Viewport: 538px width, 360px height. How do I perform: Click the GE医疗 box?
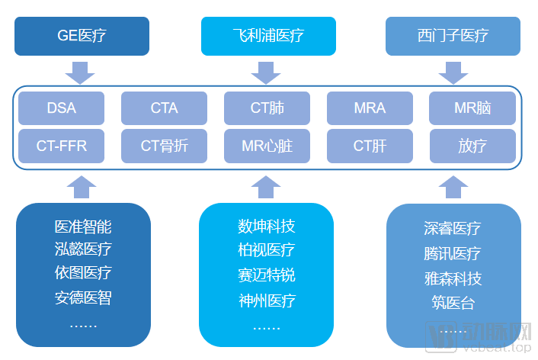pos(82,36)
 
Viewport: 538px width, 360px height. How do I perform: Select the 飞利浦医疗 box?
pos(267,36)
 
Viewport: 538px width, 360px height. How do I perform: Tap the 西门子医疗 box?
pos(453,36)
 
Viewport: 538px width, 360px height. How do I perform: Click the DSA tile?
pos(61,108)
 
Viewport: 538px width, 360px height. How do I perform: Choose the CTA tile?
pos(164,108)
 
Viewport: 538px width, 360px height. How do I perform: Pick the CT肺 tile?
pos(267,108)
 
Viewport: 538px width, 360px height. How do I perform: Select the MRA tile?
pos(370,108)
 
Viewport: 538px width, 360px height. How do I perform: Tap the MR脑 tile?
pos(472,108)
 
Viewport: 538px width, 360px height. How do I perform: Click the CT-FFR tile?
pos(61,146)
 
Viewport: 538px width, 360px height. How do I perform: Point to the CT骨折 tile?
pos(164,146)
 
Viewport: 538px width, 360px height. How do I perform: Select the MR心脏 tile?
pos(267,146)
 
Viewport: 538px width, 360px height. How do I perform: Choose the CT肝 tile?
pos(370,146)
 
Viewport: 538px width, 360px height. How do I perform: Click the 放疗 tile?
pos(472,146)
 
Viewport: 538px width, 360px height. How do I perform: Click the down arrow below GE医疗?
pos(80,72)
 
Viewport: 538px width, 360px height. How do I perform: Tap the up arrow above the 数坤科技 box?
pos(266,187)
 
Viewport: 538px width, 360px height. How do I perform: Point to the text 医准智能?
pos(83,227)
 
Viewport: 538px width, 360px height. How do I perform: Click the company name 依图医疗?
pos(83,272)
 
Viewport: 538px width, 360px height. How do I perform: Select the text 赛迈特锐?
pos(266,275)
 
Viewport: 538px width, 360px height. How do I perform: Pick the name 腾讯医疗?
pos(453,253)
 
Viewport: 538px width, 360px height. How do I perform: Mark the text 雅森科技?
pos(453,278)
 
